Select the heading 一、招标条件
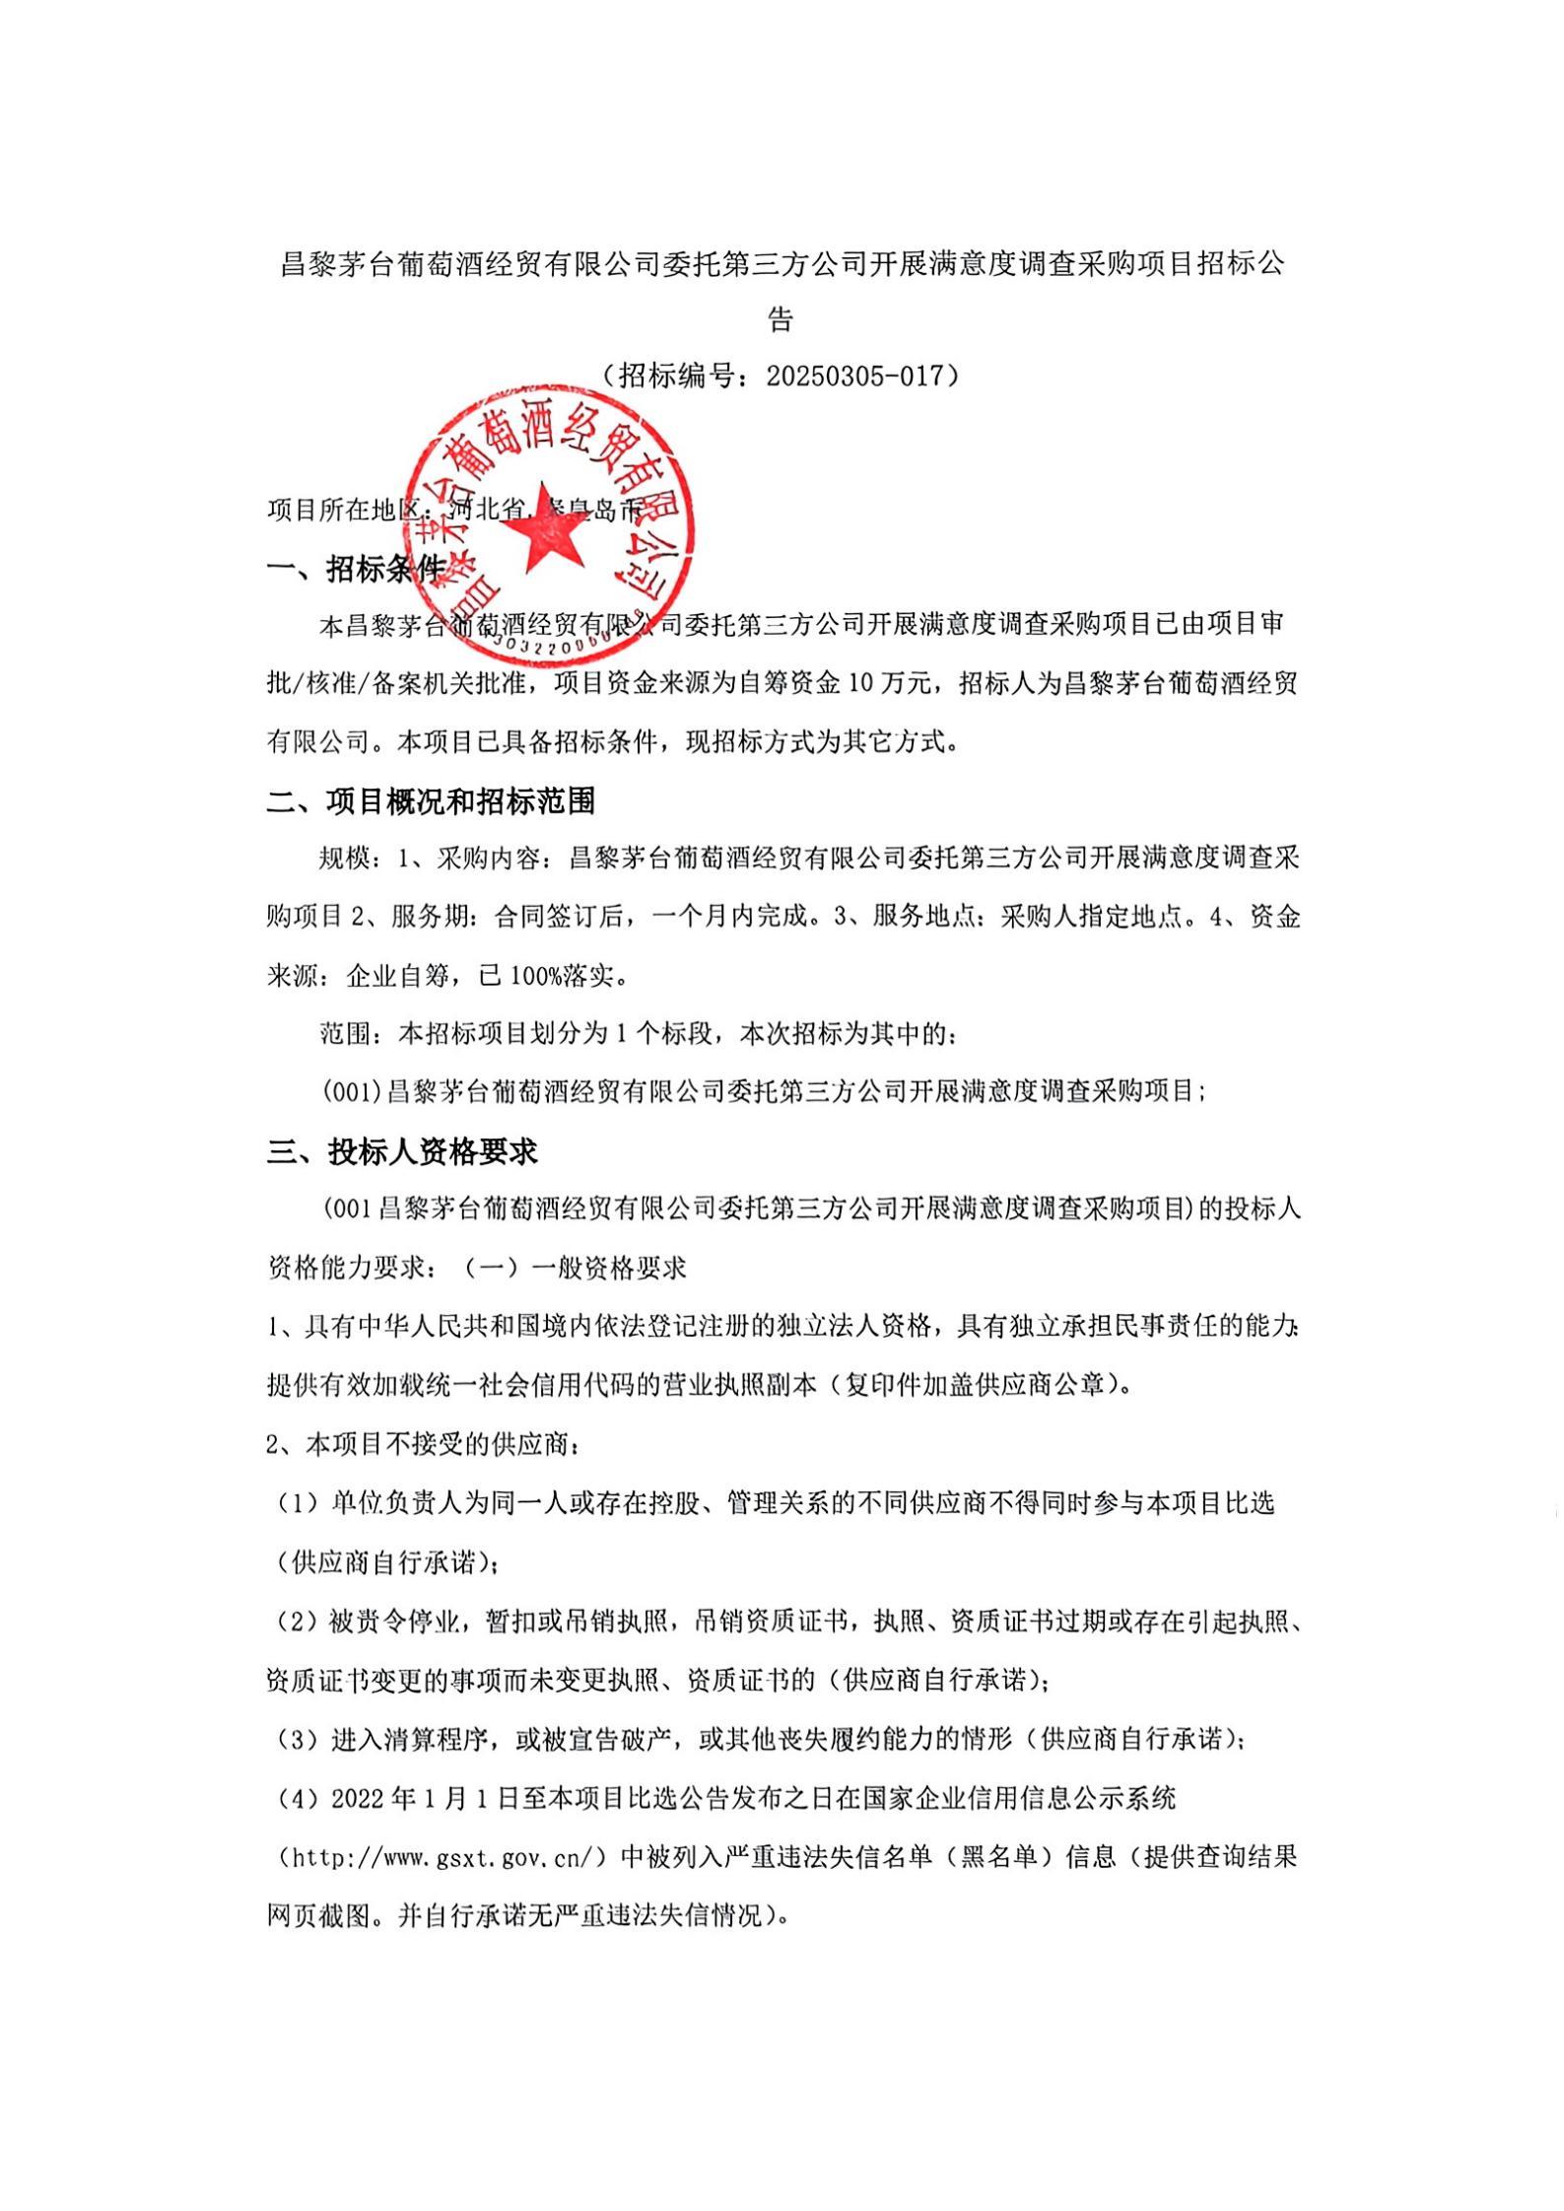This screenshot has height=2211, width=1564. click(357, 569)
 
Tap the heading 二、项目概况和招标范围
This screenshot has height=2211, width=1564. click(431, 801)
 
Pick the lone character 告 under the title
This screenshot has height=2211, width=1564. click(782, 319)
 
